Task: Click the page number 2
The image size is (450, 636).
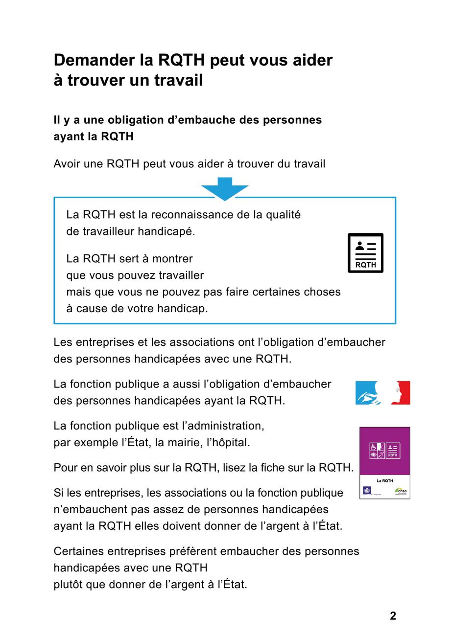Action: click(393, 616)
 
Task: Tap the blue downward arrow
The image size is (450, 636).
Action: click(225, 189)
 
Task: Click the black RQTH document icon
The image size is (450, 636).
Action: click(365, 253)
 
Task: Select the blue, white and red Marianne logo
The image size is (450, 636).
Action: click(382, 393)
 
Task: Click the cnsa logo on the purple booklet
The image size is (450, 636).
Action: click(401, 491)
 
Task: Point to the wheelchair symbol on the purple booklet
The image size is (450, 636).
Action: click(374, 447)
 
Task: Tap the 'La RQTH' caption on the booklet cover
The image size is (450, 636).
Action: click(384, 481)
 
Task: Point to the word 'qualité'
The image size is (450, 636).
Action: click(284, 215)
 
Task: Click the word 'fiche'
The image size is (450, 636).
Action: click(282, 468)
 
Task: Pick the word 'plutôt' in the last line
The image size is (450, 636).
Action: click(68, 585)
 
